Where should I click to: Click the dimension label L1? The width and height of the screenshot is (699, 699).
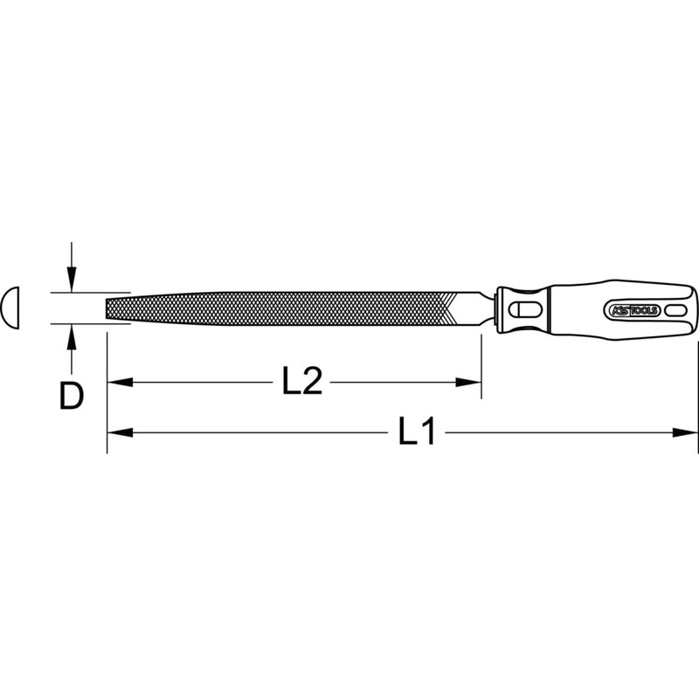coord(417,431)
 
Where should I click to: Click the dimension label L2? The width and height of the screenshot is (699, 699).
coord(302,381)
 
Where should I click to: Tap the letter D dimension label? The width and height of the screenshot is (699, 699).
coord(72,396)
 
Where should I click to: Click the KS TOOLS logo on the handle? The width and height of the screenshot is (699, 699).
coord(632,310)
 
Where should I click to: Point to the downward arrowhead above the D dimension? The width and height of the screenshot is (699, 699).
coord(72,280)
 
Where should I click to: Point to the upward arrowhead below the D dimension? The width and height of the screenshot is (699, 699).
coord(72,336)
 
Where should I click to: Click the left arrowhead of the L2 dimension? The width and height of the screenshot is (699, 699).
coord(121,382)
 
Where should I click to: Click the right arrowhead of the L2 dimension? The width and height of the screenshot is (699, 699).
coord(468,382)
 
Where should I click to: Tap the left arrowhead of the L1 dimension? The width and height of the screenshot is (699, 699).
coord(121,433)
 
